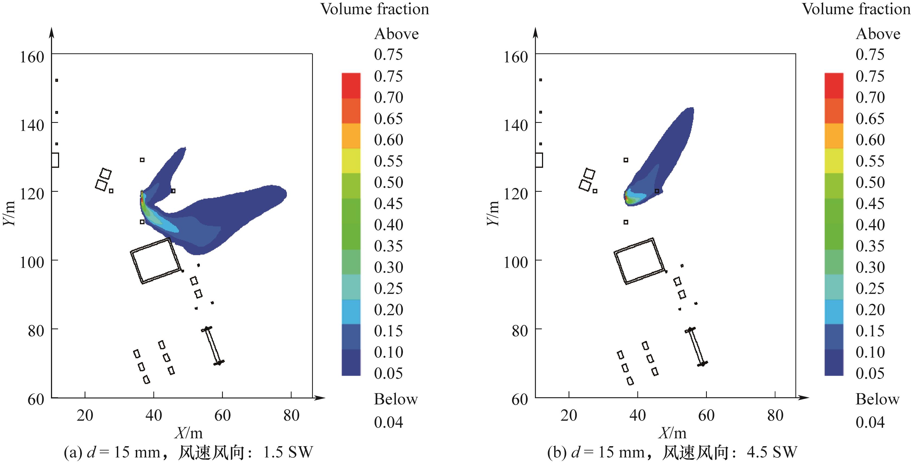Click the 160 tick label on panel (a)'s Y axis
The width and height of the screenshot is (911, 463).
[x=32, y=57]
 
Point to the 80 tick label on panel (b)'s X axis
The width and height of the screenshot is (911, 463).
[x=775, y=415]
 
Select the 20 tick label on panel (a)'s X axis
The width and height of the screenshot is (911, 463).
[x=85, y=415]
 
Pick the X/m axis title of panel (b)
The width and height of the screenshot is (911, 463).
[x=672, y=433]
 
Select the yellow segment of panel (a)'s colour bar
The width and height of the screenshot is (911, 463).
[x=351, y=161]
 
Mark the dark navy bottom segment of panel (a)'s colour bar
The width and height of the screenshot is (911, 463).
[x=351, y=362]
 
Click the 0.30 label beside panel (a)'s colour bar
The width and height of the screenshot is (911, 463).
[x=388, y=267]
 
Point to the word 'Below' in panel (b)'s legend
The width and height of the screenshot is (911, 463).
[x=877, y=399]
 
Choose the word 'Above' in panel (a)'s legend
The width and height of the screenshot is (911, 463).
[x=396, y=34]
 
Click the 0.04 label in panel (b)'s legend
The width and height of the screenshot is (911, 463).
[x=870, y=422]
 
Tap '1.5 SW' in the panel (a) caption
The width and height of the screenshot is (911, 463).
[x=288, y=452]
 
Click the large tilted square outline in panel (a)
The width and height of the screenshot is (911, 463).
[x=156, y=261]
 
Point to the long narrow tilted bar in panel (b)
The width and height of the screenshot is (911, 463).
[x=696, y=347]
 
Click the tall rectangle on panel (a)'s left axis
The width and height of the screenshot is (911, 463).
[x=55, y=160]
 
